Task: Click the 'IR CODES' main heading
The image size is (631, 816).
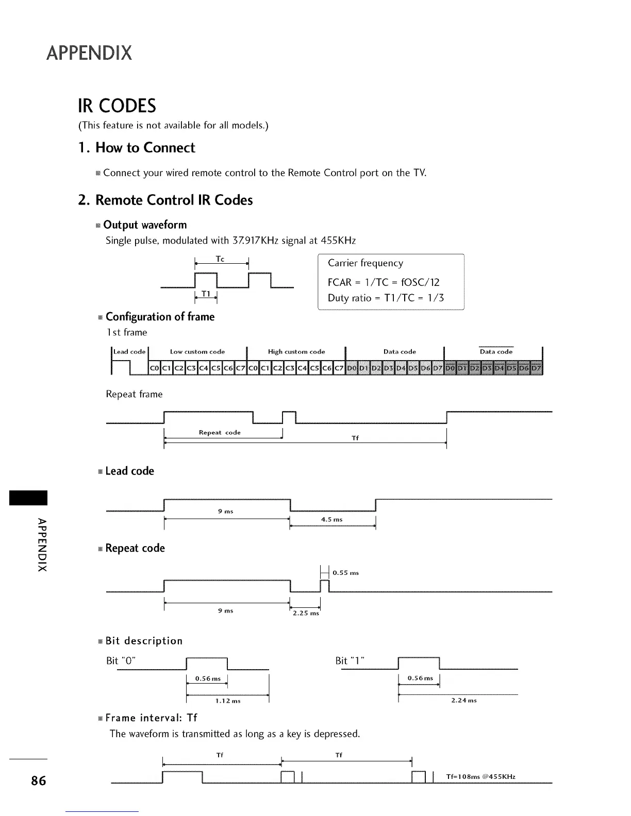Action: (x=117, y=106)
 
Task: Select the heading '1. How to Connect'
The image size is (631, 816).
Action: (x=137, y=148)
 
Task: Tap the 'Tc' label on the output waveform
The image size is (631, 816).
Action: (x=220, y=259)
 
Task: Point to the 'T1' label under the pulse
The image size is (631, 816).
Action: (x=206, y=293)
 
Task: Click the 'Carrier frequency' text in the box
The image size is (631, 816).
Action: (x=366, y=263)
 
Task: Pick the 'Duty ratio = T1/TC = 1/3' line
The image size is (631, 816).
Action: (x=386, y=298)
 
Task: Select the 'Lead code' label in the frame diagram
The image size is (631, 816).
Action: (x=129, y=352)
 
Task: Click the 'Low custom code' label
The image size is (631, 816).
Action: (x=197, y=352)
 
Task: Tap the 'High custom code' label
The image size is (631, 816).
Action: (x=296, y=352)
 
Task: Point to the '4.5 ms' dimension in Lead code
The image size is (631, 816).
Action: (x=331, y=519)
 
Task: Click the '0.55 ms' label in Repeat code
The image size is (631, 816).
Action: (x=345, y=573)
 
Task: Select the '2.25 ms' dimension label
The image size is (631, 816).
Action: (x=306, y=614)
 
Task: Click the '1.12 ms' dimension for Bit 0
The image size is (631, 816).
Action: (x=228, y=701)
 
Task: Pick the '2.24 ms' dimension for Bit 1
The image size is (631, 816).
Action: (x=464, y=701)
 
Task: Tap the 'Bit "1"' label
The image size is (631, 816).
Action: (x=350, y=661)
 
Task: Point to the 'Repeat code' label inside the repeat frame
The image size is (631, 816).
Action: (x=220, y=433)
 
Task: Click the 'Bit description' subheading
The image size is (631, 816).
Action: (x=144, y=641)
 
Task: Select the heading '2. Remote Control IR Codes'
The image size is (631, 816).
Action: (x=165, y=200)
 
